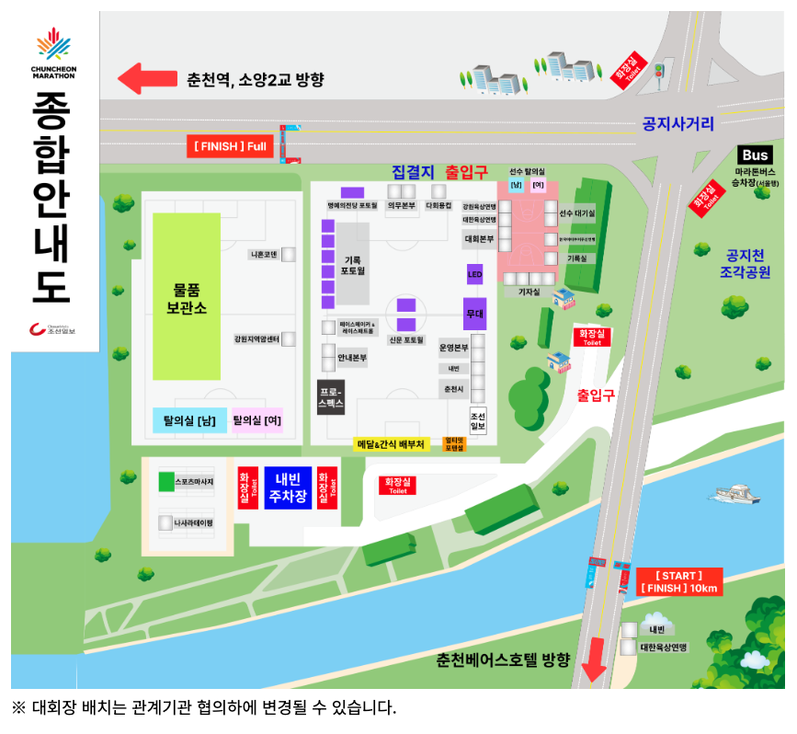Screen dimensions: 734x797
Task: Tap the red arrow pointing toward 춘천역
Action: coord(142,78)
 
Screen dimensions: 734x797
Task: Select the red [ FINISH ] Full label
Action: coord(230,145)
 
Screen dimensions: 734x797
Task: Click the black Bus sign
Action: coord(755,155)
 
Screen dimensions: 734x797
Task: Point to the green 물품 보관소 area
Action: coord(187,296)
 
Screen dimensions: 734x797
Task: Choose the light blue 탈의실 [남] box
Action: coord(189,421)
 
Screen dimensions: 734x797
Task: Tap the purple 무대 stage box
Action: coord(474,314)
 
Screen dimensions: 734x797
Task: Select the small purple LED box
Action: coord(474,274)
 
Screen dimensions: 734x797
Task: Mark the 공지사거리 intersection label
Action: coord(678,124)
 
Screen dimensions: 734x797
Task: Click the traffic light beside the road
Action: coord(658,72)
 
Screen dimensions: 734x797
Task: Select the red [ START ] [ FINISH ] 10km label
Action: coord(678,582)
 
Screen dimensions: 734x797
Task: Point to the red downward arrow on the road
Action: coord(594,664)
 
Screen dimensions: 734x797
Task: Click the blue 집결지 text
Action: coord(412,172)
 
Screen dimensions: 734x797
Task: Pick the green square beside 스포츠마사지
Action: coord(165,481)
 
